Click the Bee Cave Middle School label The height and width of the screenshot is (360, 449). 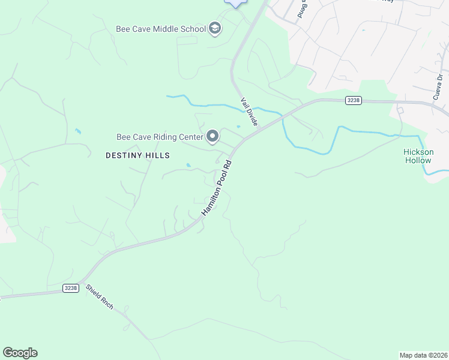[x=161, y=29]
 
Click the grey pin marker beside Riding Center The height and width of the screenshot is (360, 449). [x=212, y=137]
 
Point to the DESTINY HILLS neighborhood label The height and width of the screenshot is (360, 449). [x=137, y=155]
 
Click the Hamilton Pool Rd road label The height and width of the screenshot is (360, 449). [x=216, y=188]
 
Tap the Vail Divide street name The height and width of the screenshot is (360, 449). [x=249, y=112]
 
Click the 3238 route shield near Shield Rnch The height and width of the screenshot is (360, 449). [x=71, y=289]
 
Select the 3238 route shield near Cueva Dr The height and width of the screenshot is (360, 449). [x=354, y=100]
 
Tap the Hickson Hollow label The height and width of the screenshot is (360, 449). [x=418, y=156]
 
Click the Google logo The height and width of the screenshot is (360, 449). [x=20, y=353]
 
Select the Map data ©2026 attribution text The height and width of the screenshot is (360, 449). [x=423, y=355]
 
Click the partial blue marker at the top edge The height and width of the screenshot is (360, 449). [x=235, y=2]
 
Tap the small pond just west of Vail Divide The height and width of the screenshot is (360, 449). [x=238, y=126]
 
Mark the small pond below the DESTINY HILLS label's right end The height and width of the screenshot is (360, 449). [x=188, y=165]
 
